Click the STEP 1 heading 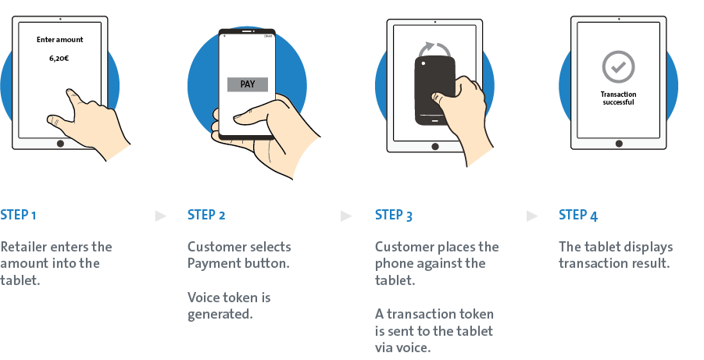tap(18, 215)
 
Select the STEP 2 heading tap(206, 215)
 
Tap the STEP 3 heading tap(394, 215)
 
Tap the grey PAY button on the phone tap(247, 84)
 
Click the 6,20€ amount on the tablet tap(59, 58)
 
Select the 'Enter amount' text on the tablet tap(59, 39)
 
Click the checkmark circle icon tap(618, 68)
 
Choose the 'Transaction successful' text tap(618, 98)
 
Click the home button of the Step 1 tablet tap(59, 144)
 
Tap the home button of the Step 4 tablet tap(619, 144)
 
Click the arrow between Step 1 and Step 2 tap(160, 216)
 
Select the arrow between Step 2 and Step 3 tap(348, 216)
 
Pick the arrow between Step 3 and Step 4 tap(533, 216)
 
